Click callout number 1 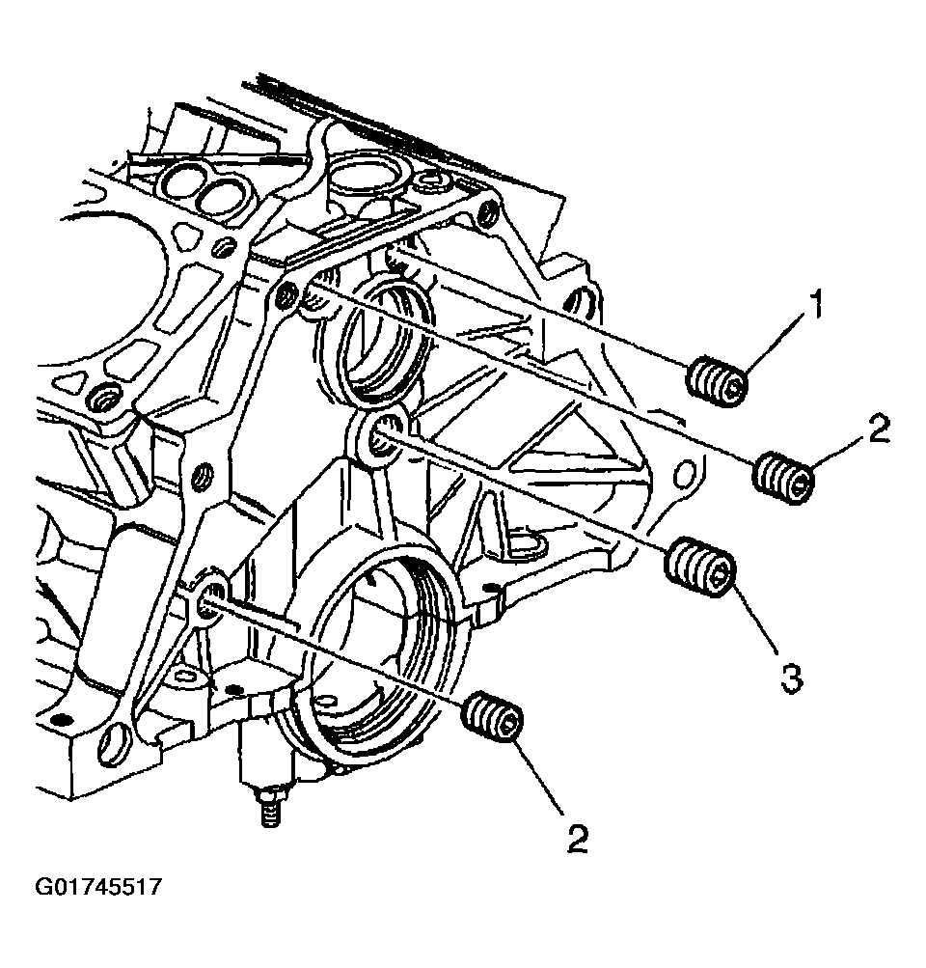point(815,310)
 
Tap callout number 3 point(790,679)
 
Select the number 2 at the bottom point(577,838)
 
